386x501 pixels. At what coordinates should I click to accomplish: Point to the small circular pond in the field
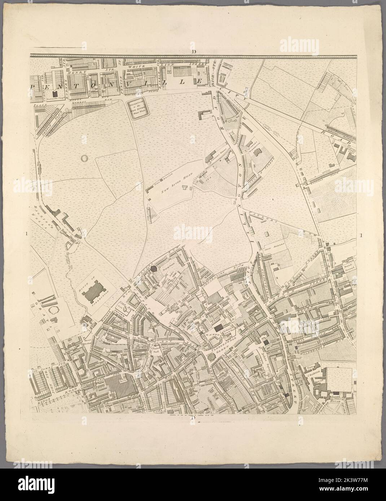[x=85, y=158]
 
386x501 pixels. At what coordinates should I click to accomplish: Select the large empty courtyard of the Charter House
[x=339, y=378]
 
